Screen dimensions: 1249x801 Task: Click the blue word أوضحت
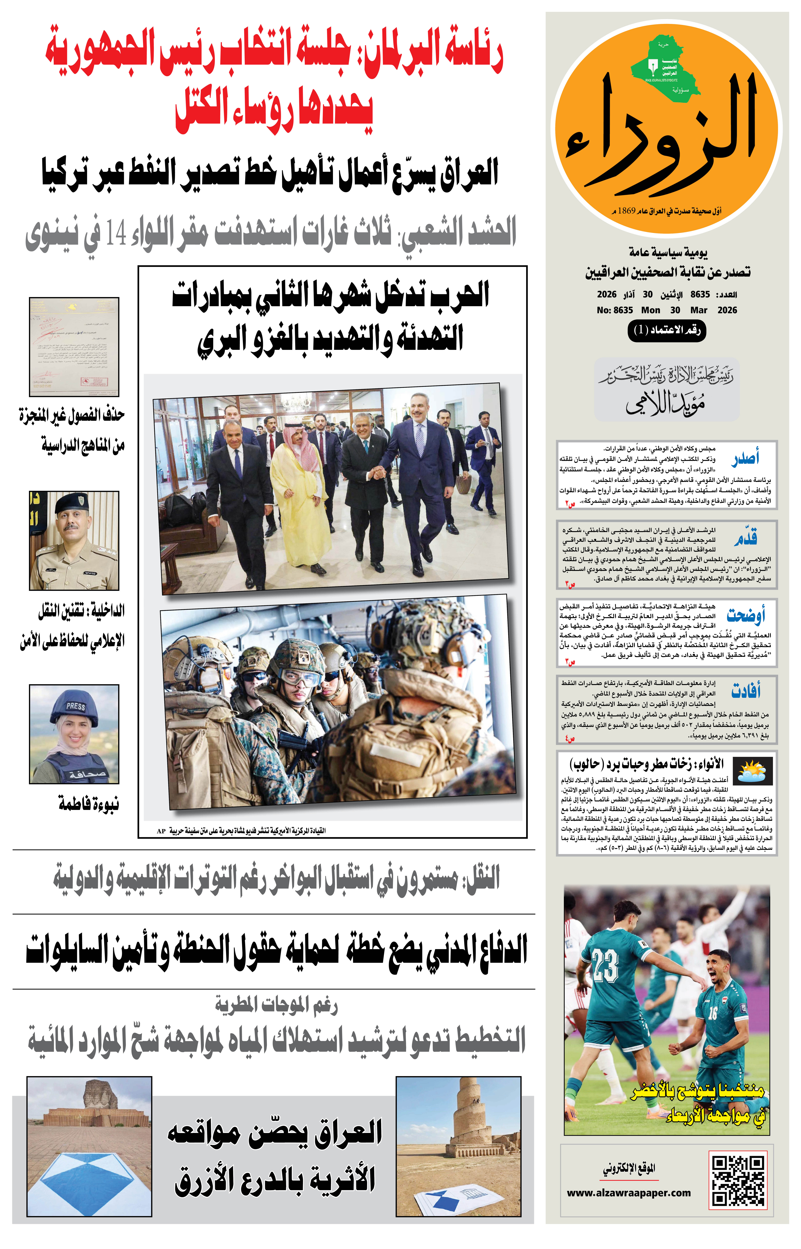[745, 615]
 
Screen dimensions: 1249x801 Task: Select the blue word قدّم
[745, 537]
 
